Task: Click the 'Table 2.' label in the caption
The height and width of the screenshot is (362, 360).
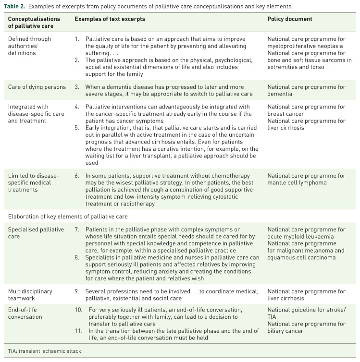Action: click(x=16, y=6)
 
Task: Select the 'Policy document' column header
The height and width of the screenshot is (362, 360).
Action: click(x=289, y=19)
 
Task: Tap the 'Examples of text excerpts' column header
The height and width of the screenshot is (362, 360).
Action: click(x=110, y=19)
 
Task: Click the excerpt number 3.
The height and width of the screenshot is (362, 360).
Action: click(x=77, y=87)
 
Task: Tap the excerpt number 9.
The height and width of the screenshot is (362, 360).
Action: click(x=77, y=291)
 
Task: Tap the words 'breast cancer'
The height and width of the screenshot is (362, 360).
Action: click(x=286, y=114)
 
